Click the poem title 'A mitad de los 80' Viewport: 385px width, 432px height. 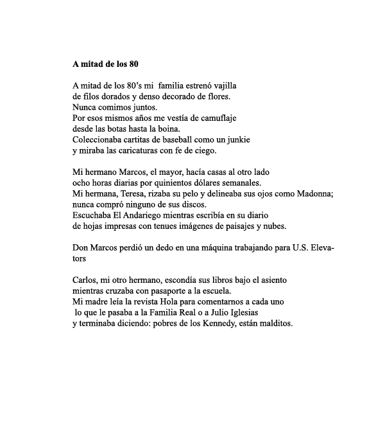click(105, 64)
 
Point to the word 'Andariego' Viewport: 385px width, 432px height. click(142, 215)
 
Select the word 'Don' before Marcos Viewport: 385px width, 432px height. click(81, 248)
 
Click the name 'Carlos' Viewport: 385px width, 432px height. click(85, 280)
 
